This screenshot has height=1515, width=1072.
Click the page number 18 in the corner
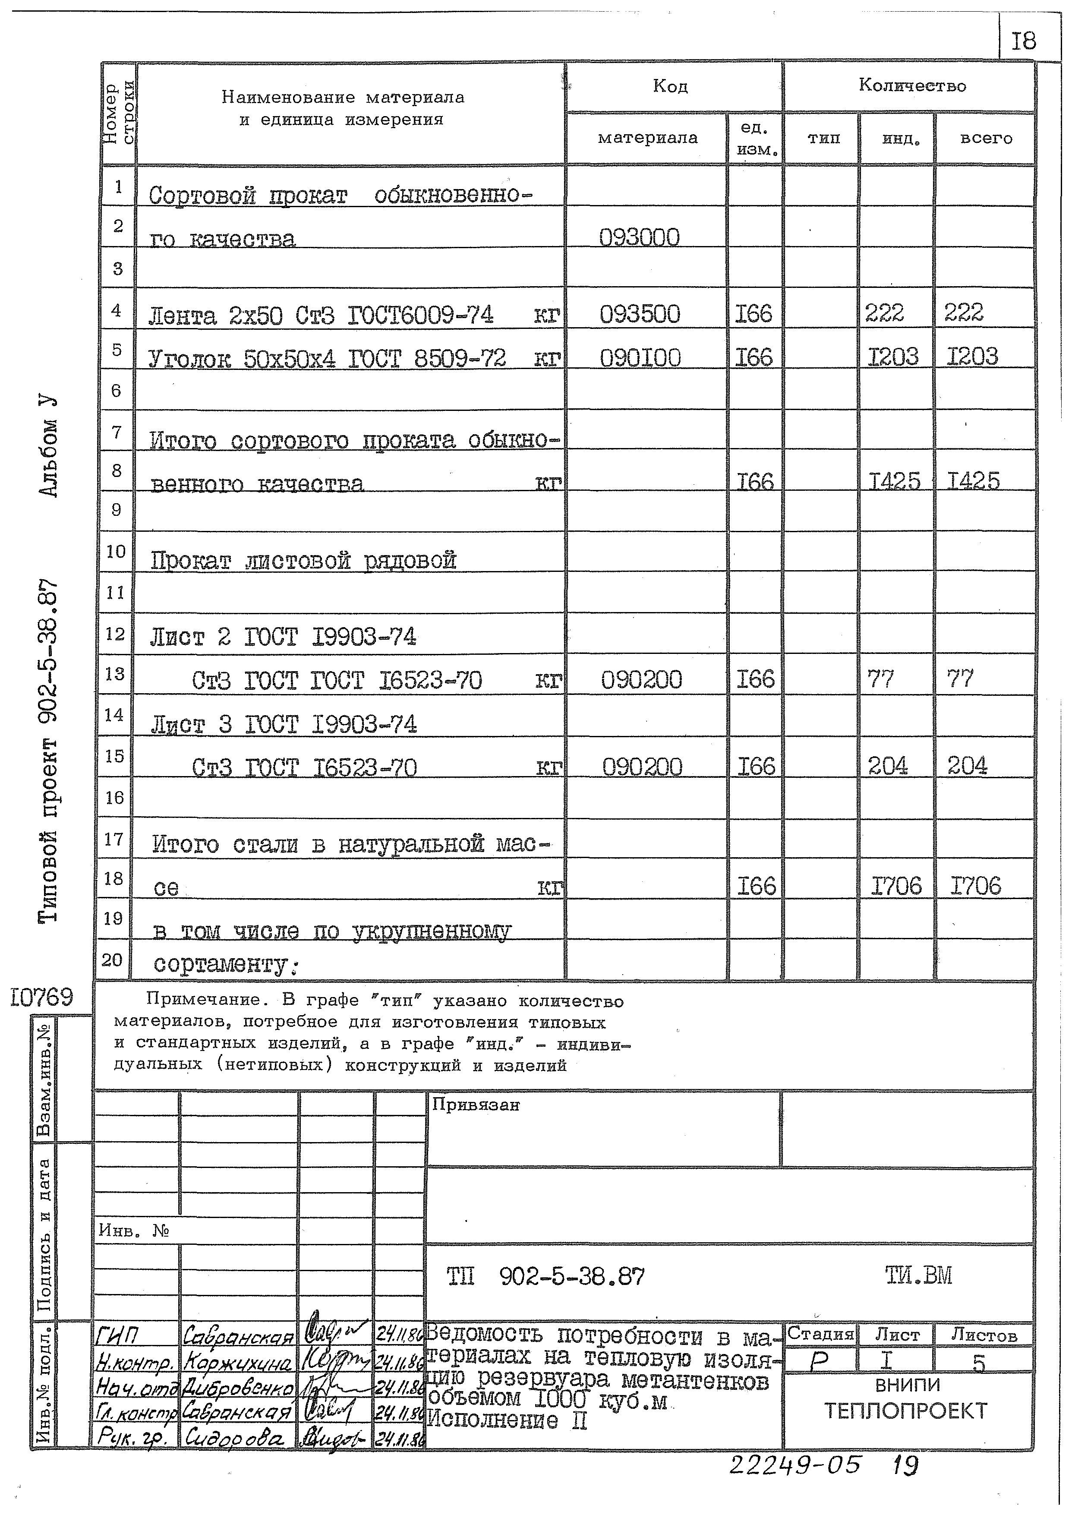(x=1024, y=41)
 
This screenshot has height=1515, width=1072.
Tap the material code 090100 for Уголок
(x=640, y=358)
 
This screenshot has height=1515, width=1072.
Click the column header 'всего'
(x=986, y=139)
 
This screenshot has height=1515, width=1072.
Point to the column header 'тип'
(x=823, y=139)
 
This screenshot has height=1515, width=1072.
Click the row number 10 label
(x=116, y=551)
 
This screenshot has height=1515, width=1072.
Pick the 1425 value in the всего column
(x=973, y=480)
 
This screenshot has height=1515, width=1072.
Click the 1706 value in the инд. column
(x=896, y=886)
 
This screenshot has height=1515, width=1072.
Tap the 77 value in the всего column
(x=961, y=678)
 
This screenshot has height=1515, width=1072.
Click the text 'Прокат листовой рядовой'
(x=303, y=560)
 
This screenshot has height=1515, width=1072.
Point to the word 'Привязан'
(x=475, y=1105)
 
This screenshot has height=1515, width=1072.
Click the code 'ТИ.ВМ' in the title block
(x=918, y=1275)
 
